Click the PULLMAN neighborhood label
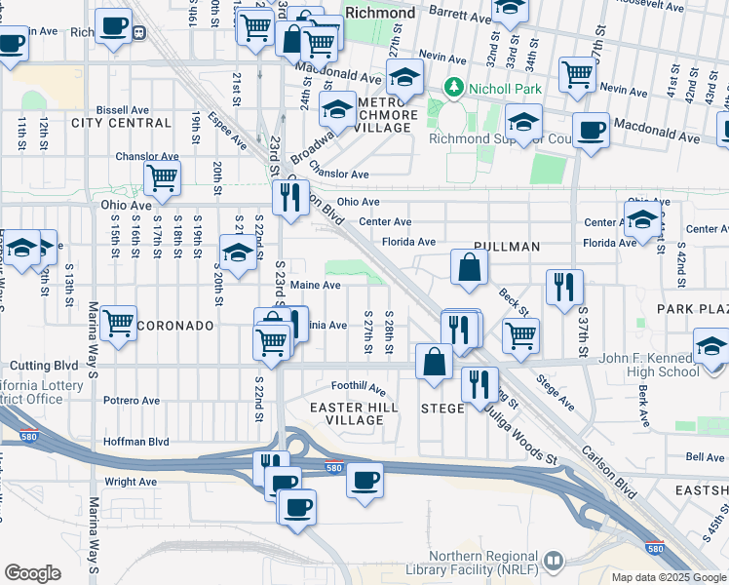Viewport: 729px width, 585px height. (506, 247)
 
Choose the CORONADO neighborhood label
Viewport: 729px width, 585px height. (174, 325)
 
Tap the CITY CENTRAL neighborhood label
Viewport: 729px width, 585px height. (121, 122)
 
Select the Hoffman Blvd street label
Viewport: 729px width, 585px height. (135, 442)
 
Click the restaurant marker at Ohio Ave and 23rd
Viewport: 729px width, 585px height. (290, 198)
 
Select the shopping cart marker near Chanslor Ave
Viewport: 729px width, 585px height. (162, 178)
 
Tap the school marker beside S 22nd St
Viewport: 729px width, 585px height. (237, 252)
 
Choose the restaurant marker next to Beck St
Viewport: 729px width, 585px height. (564, 287)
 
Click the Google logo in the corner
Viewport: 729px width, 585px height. (32, 573)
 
